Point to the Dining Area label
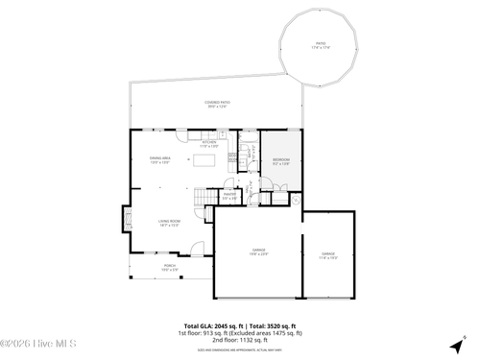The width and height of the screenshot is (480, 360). click(159, 159)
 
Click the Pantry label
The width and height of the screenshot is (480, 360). click(229, 196)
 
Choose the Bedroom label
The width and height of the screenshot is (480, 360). click(280, 161)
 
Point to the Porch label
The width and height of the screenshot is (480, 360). click(169, 268)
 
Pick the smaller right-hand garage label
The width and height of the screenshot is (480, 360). click(328, 254)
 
